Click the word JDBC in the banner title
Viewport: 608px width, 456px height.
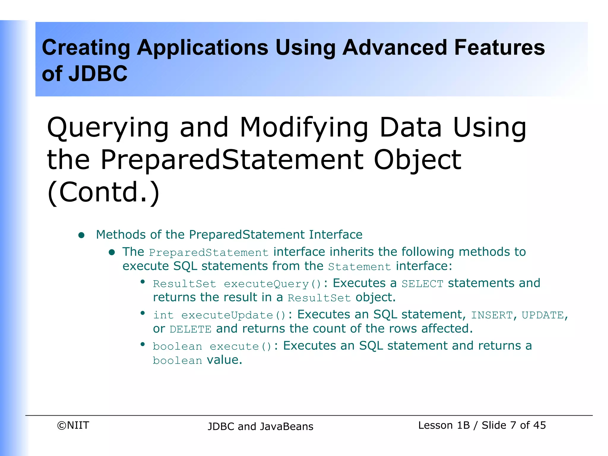click(x=98, y=74)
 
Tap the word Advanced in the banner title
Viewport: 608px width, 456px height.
click(x=395, y=47)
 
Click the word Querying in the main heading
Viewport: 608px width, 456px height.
click(x=108, y=128)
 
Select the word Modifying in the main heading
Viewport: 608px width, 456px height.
click(x=304, y=128)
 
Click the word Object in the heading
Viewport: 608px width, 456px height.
click(x=417, y=160)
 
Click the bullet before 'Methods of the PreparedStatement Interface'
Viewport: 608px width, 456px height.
click(x=81, y=235)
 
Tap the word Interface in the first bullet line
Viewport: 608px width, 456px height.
click(x=335, y=235)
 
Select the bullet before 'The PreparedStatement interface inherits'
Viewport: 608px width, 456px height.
click(x=112, y=252)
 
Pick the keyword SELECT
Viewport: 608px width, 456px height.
click(x=422, y=284)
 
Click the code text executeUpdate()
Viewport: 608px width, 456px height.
click(x=234, y=315)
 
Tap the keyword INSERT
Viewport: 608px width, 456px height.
click(x=492, y=315)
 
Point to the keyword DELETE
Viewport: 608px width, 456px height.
click(x=190, y=329)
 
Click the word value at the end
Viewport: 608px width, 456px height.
click(x=224, y=360)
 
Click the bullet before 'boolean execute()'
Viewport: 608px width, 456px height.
click(x=142, y=344)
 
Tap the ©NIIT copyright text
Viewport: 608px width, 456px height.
click(x=73, y=425)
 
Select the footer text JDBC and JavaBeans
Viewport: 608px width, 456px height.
click(x=260, y=426)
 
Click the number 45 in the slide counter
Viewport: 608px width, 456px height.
click(x=539, y=425)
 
